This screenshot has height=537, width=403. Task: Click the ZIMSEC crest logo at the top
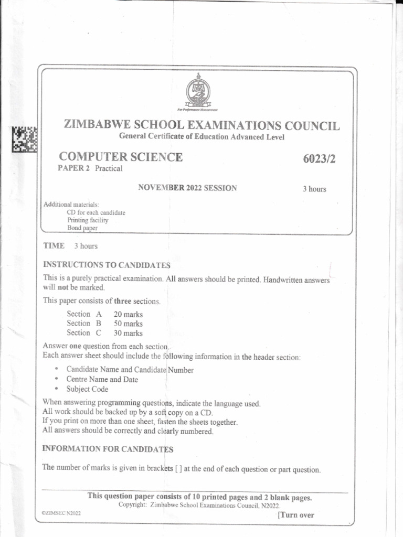click(197, 90)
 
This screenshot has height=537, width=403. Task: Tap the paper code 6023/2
click(318, 158)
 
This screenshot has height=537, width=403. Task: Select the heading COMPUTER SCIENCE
click(121, 157)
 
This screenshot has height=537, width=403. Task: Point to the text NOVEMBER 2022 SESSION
click(187, 188)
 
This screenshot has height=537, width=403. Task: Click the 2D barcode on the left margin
click(25, 139)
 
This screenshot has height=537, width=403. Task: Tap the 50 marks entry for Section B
click(128, 324)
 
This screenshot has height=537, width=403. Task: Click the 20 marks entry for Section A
click(128, 314)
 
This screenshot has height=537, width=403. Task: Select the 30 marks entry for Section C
click(128, 333)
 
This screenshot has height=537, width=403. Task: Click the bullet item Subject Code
click(87, 389)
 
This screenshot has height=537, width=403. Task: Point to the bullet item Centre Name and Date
click(102, 379)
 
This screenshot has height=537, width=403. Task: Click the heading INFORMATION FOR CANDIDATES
click(108, 449)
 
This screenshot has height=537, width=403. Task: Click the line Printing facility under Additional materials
click(88, 220)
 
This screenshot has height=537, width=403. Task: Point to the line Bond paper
click(82, 228)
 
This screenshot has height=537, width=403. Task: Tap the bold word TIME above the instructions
click(54, 245)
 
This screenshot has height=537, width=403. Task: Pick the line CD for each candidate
click(96, 212)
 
